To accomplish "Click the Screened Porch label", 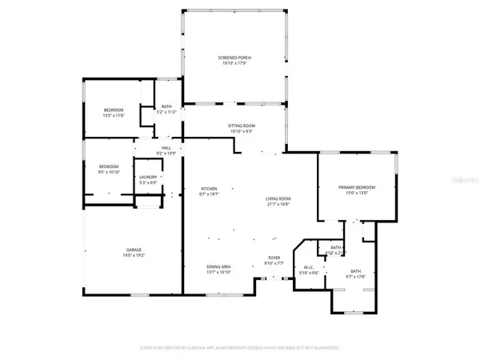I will pos(234,58).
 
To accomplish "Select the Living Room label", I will pos(278,198).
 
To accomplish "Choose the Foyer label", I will pos(273,258).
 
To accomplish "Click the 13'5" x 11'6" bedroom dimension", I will pos(115,115).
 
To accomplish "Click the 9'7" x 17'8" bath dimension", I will pos(354,277).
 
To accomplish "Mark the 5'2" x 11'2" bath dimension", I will pos(167,112).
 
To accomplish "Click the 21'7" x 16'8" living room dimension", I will pos(278,204).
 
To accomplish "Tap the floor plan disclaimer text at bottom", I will pos(241,347).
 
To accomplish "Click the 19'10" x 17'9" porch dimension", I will pos(234,63).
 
